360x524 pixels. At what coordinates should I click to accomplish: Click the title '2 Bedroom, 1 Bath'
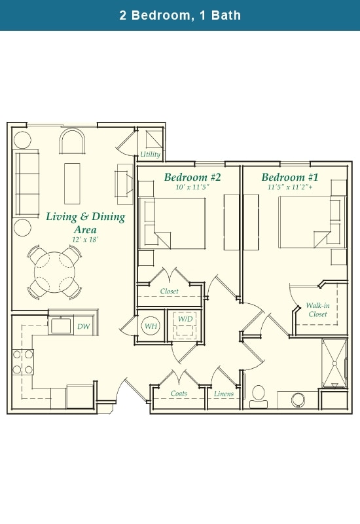click(180, 15)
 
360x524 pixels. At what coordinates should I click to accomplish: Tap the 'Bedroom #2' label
click(192, 178)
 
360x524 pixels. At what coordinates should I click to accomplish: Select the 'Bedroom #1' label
click(290, 178)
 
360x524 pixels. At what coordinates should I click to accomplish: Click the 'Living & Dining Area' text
click(85, 223)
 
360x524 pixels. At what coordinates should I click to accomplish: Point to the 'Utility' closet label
click(150, 155)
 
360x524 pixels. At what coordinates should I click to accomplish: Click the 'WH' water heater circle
click(151, 326)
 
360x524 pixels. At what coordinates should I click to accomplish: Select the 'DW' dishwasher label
click(83, 326)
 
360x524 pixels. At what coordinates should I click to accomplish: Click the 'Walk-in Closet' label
click(317, 310)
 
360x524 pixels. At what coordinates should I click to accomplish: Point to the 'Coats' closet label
click(179, 394)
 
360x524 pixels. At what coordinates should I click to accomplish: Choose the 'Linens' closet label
click(224, 394)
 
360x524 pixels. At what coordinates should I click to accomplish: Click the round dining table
click(54, 270)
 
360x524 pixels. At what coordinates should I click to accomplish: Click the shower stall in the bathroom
click(334, 362)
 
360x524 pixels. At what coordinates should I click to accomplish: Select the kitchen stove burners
click(23, 362)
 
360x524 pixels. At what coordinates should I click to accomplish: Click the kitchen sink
click(61, 326)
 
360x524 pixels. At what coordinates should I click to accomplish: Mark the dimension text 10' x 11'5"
click(192, 187)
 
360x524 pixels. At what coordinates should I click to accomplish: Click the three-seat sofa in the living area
click(27, 183)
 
